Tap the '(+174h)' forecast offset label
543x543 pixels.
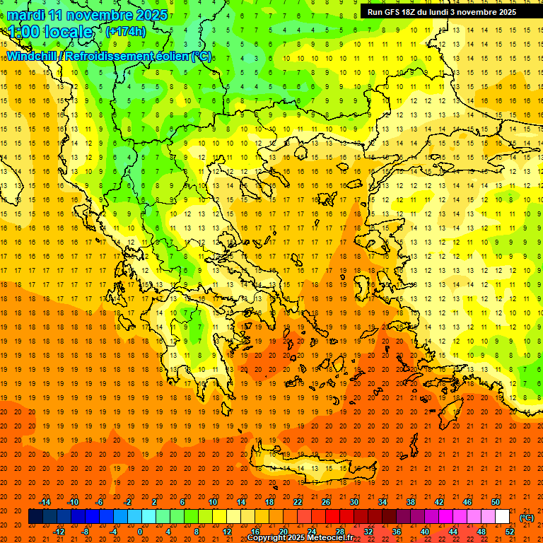point(125,31)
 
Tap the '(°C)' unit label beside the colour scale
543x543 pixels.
point(526,518)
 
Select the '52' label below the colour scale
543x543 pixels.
point(510,532)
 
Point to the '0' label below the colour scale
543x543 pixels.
point(139,532)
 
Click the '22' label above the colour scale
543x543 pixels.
point(298,502)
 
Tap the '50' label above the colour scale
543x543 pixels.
point(496,502)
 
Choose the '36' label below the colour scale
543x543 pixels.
point(397,532)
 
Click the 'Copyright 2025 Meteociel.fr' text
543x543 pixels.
point(300,538)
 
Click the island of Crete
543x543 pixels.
point(304,467)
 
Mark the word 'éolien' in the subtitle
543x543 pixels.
point(170,56)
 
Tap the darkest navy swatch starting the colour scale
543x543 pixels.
point(35,517)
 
